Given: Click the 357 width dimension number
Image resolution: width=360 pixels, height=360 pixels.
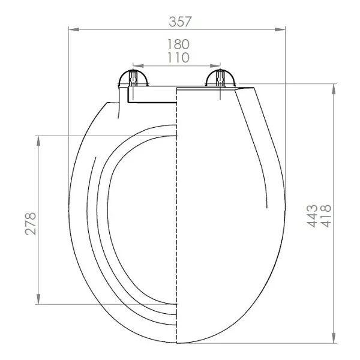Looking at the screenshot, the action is point(180,22).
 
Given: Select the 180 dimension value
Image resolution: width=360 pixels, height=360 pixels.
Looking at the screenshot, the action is point(178,44).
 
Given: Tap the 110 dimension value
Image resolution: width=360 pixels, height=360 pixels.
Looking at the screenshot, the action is point(178,58).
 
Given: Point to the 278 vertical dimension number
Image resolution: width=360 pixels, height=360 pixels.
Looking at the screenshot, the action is point(31,224).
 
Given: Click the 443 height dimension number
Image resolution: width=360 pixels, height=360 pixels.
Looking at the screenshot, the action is point(312,216).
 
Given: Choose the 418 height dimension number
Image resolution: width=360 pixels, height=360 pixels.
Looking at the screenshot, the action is point(326,216).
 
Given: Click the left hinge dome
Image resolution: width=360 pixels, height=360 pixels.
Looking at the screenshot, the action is point(133,77).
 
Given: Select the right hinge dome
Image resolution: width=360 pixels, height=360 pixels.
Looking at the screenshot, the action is point(220,77).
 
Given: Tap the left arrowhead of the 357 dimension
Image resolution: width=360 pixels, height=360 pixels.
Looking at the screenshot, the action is point(74,29).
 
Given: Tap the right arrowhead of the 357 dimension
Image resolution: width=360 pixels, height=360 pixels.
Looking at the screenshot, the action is point(280,29).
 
